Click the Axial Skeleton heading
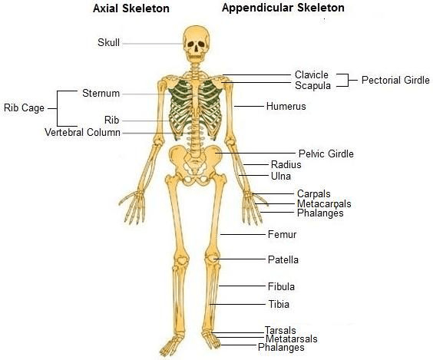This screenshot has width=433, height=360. pyautogui.click(x=131, y=8)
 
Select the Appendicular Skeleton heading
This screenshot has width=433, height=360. pyautogui.click(x=283, y=8)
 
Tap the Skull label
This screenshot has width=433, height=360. pyautogui.click(x=108, y=42)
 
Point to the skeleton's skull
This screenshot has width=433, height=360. pyautogui.click(x=196, y=44)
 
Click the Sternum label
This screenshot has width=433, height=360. pyautogui.click(x=101, y=94)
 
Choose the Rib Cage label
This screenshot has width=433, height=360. pyautogui.click(x=24, y=108)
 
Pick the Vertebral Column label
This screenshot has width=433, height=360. pyautogui.click(x=82, y=133)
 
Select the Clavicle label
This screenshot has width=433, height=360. pyautogui.click(x=312, y=74)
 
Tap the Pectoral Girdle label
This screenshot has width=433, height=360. pyautogui.click(x=395, y=81)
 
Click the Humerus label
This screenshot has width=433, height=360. pyautogui.click(x=286, y=106)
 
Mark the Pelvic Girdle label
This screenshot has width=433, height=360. pyautogui.click(x=326, y=154)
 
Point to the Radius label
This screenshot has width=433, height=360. pyautogui.click(x=286, y=165)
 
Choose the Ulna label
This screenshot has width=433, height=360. pyautogui.click(x=281, y=176)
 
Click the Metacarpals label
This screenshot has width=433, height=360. pyautogui.click(x=324, y=204)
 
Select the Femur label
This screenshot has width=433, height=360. pyautogui.click(x=282, y=235)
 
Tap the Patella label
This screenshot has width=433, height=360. pyautogui.click(x=283, y=259)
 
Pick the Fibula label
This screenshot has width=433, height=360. pyautogui.click(x=281, y=286)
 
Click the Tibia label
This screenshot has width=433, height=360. pyautogui.click(x=279, y=305)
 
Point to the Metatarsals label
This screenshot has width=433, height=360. pyautogui.click(x=291, y=339)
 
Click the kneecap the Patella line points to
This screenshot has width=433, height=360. pyautogui.click(x=210, y=259)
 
